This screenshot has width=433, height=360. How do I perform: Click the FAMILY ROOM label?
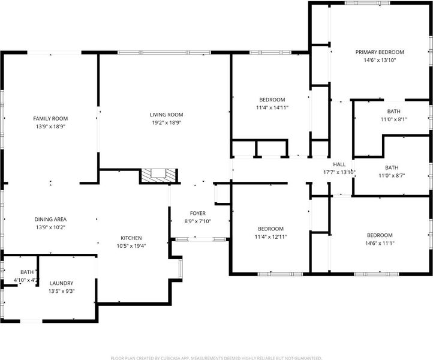(x=50, y=119)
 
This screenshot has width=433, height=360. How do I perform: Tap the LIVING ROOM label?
(x=167, y=115)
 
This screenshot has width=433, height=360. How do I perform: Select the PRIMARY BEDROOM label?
(x=380, y=52)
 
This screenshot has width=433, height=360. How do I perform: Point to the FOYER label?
(x=198, y=213)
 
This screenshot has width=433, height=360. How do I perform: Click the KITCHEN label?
(x=131, y=238)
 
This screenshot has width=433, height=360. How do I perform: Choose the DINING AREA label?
(x=50, y=220)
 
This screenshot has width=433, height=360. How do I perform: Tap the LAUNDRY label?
(x=62, y=283)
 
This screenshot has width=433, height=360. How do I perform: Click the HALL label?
(x=339, y=164)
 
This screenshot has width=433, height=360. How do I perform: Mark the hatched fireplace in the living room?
(x=158, y=175)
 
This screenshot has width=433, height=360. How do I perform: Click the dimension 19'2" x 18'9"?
(x=167, y=122)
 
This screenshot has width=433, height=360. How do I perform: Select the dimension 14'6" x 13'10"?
(x=380, y=60)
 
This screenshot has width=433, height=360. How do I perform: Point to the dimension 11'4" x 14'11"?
(x=272, y=107)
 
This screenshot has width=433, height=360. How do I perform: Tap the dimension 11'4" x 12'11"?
(x=270, y=237)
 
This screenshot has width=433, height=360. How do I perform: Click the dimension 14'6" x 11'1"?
(x=380, y=243)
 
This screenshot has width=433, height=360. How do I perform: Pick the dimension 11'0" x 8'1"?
(x=394, y=119)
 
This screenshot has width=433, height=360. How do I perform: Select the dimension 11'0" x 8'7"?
(x=392, y=175)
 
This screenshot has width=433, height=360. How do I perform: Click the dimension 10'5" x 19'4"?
(x=131, y=246)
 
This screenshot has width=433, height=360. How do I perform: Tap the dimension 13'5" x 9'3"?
(x=62, y=291)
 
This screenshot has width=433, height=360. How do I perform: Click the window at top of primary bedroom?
(x=367, y=3)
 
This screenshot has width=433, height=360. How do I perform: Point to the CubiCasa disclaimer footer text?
(x=217, y=358)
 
